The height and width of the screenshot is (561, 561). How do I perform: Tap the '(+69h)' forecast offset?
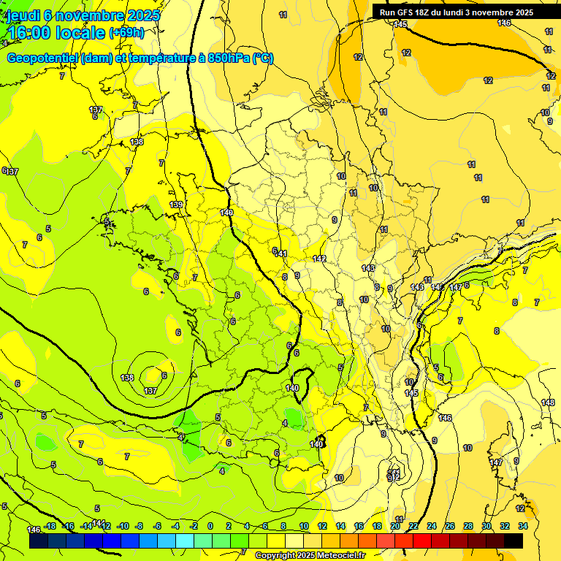pyautogui.click(x=126, y=33)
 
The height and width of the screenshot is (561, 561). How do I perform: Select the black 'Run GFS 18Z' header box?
pyautogui.click(x=457, y=12)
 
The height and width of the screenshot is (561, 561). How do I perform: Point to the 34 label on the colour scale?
pyautogui.click(x=523, y=526)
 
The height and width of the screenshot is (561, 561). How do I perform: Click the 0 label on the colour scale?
pyautogui.click(x=210, y=526)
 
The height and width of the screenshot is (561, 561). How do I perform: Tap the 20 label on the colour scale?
pyautogui.click(x=395, y=526)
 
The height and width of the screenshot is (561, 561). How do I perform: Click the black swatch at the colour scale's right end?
pyautogui.click(x=514, y=541)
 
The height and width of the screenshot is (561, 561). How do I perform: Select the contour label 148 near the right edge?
pyautogui.click(x=548, y=403)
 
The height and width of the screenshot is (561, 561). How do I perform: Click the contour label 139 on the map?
pyautogui.click(x=176, y=205)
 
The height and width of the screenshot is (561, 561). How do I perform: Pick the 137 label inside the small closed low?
pyautogui.click(x=150, y=391)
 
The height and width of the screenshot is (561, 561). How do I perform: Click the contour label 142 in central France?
pyautogui.click(x=319, y=259)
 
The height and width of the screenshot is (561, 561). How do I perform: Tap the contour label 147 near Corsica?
pyautogui.click(x=496, y=462)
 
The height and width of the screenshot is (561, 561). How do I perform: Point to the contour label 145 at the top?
pyautogui.click(x=400, y=24)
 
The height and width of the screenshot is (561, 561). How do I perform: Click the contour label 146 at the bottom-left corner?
pyautogui.click(x=34, y=529)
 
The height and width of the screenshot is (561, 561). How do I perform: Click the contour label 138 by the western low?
pyautogui.click(x=127, y=378)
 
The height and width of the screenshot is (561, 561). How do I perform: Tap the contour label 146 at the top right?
pyautogui.click(x=504, y=23)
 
